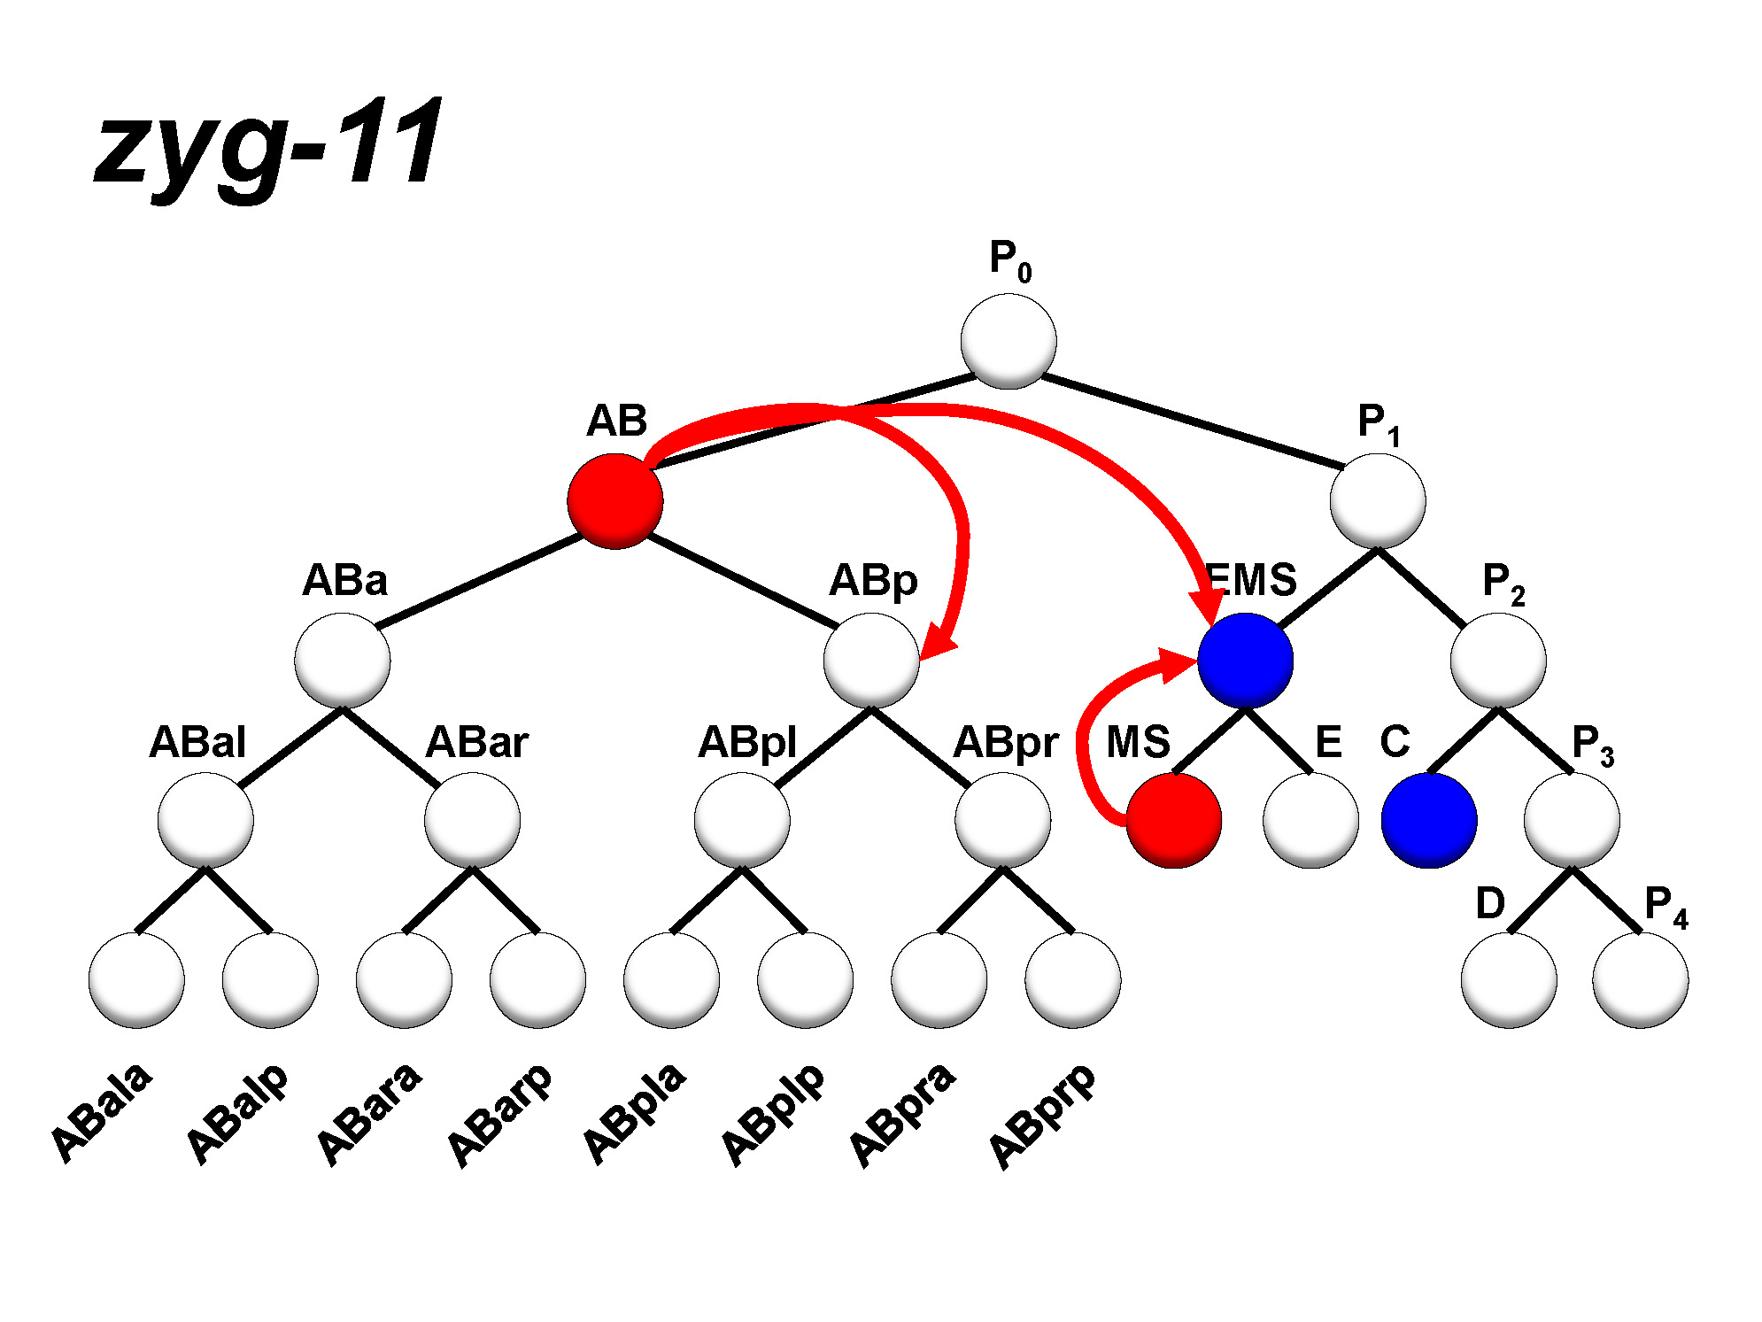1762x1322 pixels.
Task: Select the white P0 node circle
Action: tap(1009, 342)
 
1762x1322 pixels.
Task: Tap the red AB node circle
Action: tap(615, 501)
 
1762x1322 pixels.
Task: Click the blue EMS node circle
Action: tap(1245, 661)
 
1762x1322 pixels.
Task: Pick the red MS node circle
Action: tap(1174, 821)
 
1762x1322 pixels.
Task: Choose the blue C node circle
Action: tap(1429, 821)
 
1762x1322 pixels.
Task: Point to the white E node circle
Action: tap(1310, 821)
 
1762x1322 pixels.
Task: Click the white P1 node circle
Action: tap(1378, 501)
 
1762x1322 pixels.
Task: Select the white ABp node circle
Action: tap(871, 661)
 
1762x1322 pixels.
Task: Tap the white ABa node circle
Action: tap(343, 661)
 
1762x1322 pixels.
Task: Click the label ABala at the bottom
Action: tap(101, 1112)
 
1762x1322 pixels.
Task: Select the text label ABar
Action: tap(476, 742)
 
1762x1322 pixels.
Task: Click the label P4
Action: tap(1665, 906)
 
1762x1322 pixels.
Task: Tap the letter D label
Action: tap(1490, 903)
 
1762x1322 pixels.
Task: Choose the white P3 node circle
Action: tap(1572, 821)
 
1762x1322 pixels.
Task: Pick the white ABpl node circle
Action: tap(742, 821)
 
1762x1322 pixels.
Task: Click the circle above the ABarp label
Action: tap(537, 980)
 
